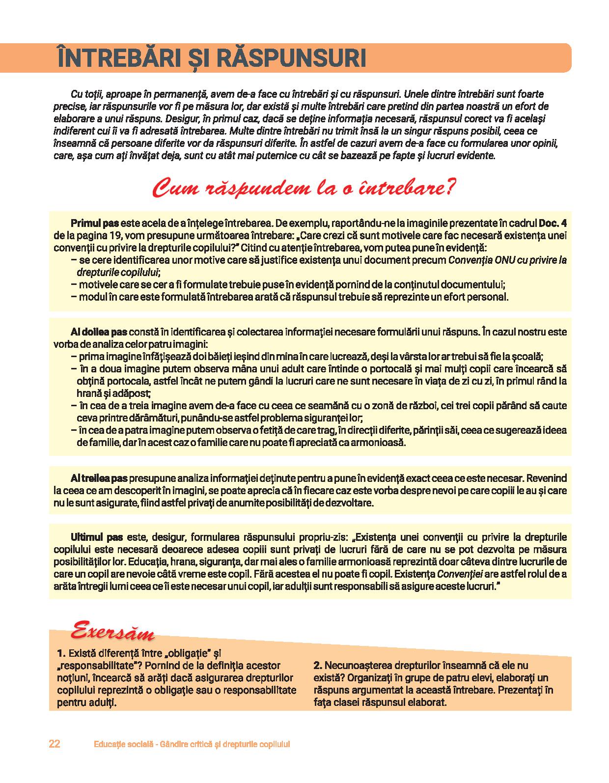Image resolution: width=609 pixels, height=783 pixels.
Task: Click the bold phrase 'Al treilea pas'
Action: (x=99, y=478)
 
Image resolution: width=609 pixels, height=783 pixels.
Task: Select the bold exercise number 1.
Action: (x=61, y=654)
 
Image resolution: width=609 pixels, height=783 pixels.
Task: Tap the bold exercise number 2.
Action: (x=317, y=666)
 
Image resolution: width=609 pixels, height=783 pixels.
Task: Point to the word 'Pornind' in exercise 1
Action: (x=162, y=666)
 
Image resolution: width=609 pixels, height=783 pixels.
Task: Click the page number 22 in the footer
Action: (x=55, y=744)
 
